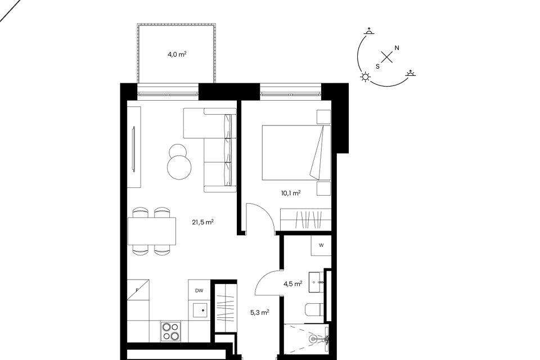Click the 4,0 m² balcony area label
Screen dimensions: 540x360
pos(177,54)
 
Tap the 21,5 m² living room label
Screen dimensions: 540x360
pos(202,222)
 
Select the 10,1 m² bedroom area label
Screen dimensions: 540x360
pos(291,193)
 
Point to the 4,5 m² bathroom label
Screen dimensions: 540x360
pos(292,284)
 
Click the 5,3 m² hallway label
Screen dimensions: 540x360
pos(259,313)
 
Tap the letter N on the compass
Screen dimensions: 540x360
pos(397,48)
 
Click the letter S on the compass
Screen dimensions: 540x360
pos(377,66)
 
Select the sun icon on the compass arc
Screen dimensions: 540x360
pos(365,77)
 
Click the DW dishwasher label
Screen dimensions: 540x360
pos(199,291)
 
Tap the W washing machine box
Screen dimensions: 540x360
pos(321,246)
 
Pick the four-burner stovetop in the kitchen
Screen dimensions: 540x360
pos(170,331)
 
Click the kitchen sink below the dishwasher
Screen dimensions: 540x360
pos(200,310)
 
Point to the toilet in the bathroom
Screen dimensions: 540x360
pos(314,309)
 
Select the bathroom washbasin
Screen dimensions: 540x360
pos(316,282)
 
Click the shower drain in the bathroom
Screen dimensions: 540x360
pos(313,339)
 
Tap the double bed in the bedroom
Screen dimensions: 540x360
pos(296,152)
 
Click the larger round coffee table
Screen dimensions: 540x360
pos(179,167)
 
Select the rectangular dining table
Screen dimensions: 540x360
pos(152,231)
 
